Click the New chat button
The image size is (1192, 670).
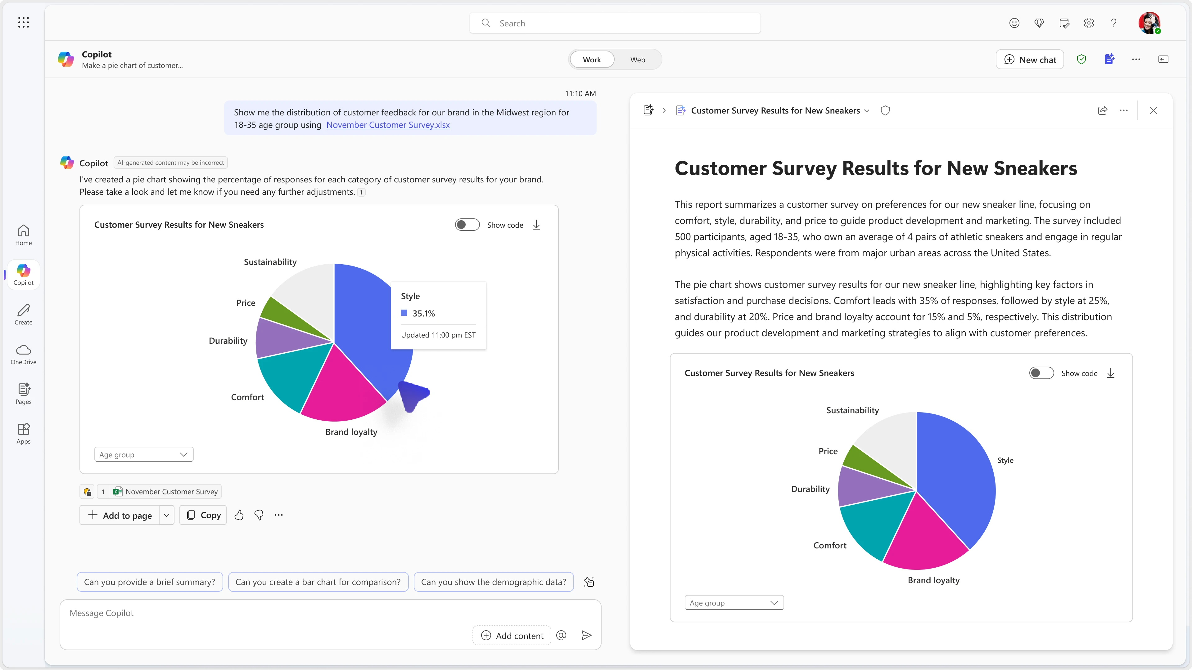click(1030, 60)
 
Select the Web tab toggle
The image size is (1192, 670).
click(637, 60)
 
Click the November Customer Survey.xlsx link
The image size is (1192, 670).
click(388, 125)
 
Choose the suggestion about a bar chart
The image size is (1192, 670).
click(318, 582)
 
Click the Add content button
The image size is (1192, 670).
click(512, 635)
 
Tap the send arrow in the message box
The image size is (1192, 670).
click(586, 635)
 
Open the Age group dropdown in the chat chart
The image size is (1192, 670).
click(143, 454)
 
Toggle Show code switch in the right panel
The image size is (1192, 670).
click(1041, 373)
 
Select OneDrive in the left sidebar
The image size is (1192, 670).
click(24, 354)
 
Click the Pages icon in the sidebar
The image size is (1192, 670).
click(24, 394)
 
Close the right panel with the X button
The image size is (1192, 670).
click(1153, 110)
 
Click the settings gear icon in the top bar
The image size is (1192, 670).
click(1089, 23)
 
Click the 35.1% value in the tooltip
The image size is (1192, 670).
click(423, 314)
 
